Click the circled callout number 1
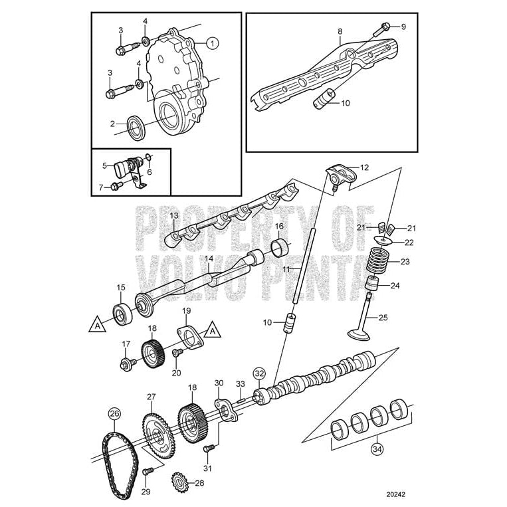[x=212, y=43]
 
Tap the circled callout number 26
[x=114, y=413]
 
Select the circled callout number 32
[x=259, y=373]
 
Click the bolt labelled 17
[x=128, y=363]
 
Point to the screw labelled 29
[x=148, y=471]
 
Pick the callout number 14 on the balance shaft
[x=208, y=258]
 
